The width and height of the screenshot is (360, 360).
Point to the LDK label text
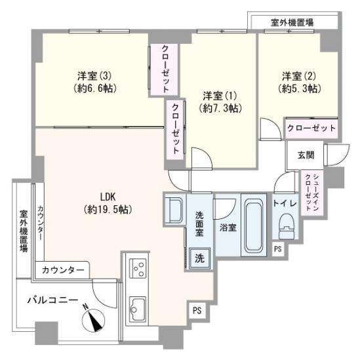(x=108, y=196)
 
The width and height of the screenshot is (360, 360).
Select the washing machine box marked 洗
(x=198, y=258)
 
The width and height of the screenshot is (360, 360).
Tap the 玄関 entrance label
(x=305, y=155)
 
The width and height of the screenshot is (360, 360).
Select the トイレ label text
(x=286, y=204)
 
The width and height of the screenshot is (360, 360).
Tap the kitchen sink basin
(x=138, y=306)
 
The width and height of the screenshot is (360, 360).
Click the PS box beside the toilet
(x=277, y=249)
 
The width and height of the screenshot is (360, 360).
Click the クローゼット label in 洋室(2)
(x=311, y=127)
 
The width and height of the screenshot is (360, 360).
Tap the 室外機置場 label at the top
(x=291, y=22)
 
